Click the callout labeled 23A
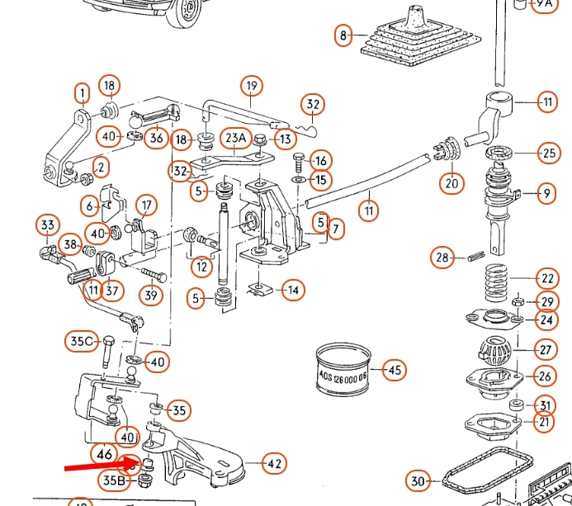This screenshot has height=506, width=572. [x=236, y=139]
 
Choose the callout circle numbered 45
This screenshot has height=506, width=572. [x=395, y=371]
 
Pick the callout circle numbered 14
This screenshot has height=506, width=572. [x=292, y=290]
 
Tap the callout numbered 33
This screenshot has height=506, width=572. [x=47, y=225]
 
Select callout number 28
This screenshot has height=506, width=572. [x=443, y=258]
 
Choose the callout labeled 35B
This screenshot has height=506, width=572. [x=115, y=480]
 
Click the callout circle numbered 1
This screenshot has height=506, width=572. [x=82, y=92]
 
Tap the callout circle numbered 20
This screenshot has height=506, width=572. [x=451, y=183]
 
